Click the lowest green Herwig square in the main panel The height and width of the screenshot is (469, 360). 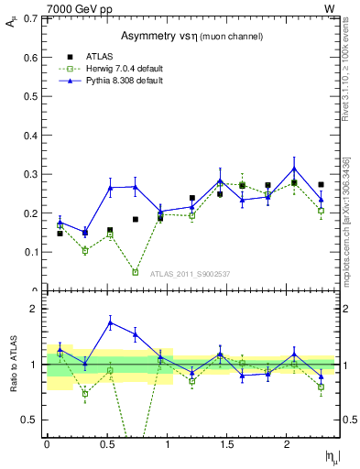click(x=135, y=272)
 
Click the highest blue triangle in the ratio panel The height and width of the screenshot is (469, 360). click(x=111, y=322)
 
